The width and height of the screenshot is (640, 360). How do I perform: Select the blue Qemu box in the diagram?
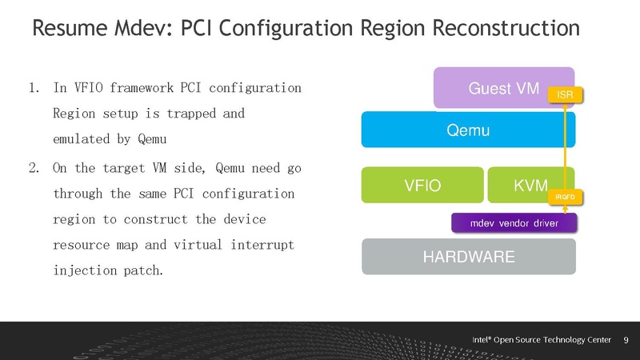pos(468,129)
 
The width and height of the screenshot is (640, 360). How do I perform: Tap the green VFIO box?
pos(422,185)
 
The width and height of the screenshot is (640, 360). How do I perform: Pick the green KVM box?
pos(530,185)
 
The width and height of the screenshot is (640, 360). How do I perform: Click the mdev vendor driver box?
pos(514,223)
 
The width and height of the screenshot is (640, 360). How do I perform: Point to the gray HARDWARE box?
pos(469,257)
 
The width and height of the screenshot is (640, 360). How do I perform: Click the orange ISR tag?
pos(565,96)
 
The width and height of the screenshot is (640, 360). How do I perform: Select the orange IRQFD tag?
pos(565,196)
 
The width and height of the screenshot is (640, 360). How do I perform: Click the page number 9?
pos(626,340)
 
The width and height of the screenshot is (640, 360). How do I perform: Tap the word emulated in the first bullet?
pos(81,138)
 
